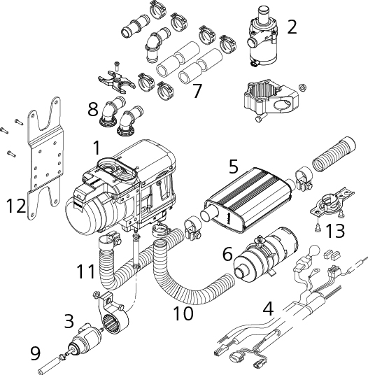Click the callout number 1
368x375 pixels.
97,148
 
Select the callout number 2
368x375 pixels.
292,27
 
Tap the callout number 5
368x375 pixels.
234,167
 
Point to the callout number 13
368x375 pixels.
334,232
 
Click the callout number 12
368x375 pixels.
16,206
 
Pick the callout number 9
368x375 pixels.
36,353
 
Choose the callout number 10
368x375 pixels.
183,313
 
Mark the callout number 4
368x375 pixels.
268,309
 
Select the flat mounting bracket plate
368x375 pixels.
45,158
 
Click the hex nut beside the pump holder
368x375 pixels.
302,87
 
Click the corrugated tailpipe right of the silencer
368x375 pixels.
334,154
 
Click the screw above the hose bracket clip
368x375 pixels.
117,66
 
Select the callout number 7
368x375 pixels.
197,91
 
